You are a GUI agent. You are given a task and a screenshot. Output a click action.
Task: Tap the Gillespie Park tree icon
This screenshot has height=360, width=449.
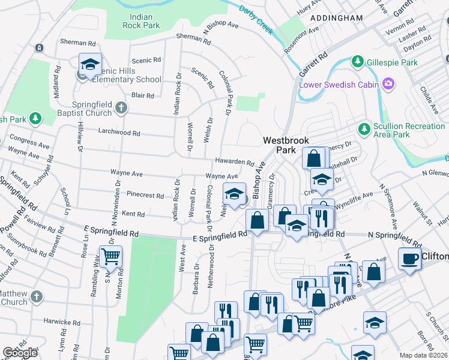coord(358,62)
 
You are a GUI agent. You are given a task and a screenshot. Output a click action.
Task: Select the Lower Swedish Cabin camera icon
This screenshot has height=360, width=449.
coord(388,84)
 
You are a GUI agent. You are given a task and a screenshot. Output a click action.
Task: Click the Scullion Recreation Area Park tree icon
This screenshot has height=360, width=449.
coord(363,129)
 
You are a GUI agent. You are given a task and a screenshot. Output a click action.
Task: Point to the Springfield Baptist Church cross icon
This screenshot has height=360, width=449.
coord(121,108)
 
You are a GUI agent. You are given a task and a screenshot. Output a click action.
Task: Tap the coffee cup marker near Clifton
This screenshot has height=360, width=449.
coord(409,258)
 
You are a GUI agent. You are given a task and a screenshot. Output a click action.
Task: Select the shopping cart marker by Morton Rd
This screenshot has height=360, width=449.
coord(111,257)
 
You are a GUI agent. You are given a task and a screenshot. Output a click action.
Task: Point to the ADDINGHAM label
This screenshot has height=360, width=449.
coord(336,18)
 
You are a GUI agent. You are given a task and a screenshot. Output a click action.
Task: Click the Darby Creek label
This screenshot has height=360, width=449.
coord(256,19)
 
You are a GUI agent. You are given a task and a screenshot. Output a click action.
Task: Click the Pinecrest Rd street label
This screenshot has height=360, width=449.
coord(145,195)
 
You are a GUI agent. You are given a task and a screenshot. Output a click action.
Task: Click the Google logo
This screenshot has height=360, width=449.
coord(20,353)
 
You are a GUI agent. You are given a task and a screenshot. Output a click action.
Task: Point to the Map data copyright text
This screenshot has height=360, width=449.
coord(424,355)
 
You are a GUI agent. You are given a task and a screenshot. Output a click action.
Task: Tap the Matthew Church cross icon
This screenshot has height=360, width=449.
coord(37,296)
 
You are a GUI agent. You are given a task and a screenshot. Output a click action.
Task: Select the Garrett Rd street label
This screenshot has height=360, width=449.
coord(314,65)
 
